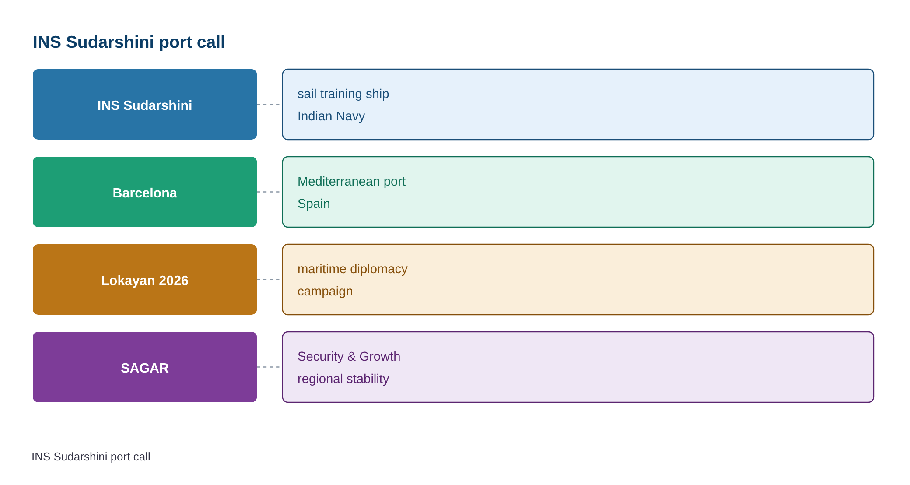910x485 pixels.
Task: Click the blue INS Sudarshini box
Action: pyautogui.click(x=145, y=105)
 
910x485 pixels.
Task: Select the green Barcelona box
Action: pyautogui.click(x=145, y=192)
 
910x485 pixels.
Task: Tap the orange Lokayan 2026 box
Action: pyautogui.click(x=145, y=280)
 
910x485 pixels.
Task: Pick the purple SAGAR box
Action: pyautogui.click(x=145, y=367)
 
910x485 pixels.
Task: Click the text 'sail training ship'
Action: pyautogui.click(x=343, y=94)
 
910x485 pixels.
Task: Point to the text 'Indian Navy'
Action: pyautogui.click(x=331, y=116)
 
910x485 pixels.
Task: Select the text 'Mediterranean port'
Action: pyautogui.click(x=351, y=182)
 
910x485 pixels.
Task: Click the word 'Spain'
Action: pyautogui.click(x=314, y=204)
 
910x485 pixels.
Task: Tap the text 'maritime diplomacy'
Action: pyautogui.click(x=352, y=269)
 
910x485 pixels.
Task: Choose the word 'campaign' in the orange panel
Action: pyautogui.click(x=325, y=292)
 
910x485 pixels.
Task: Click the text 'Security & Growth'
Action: pyautogui.click(x=349, y=356)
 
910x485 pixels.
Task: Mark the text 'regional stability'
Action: pyautogui.click(x=343, y=379)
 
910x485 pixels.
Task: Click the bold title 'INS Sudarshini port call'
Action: pyautogui.click(x=129, y=42)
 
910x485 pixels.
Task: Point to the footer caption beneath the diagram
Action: pyautogui.click(x=91, y=457)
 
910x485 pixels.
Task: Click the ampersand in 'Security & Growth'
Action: pyautogui.click(x=352, y=357)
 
